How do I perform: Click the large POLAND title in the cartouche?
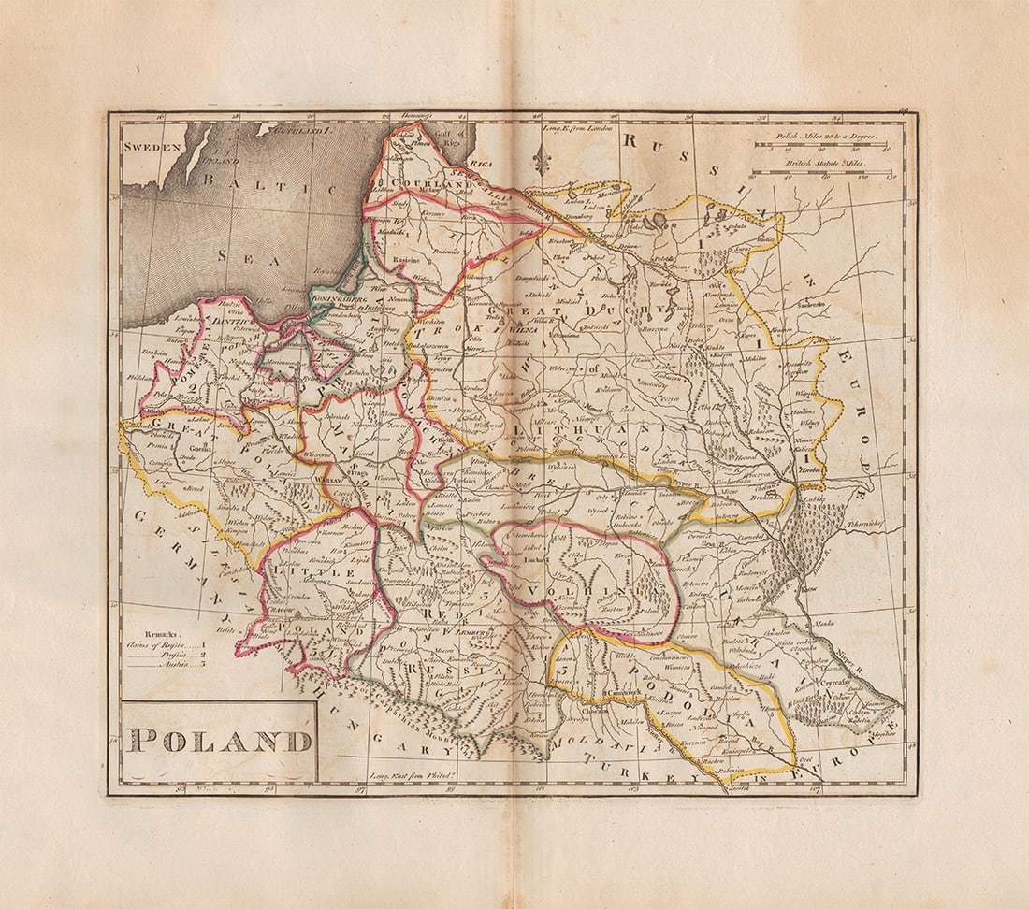pyautogui.click(x=220, y=741)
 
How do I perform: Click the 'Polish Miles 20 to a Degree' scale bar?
pyautogui.click(x=821, y=145)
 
